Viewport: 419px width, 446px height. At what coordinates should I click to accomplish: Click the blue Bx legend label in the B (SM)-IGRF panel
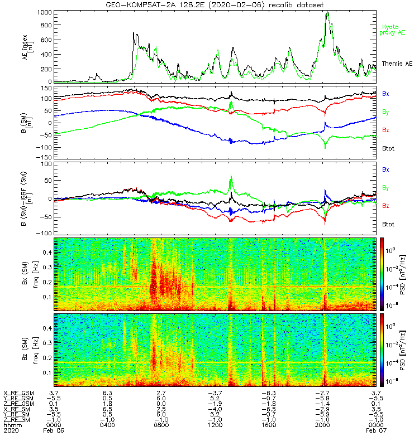tap(385, 169)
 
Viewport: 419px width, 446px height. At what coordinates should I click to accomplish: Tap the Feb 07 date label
tap(375, 431)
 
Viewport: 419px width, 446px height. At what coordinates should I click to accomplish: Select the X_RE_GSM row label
tap(18, 393)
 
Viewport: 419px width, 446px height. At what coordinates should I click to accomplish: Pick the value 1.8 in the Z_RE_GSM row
tap(107, 404)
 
